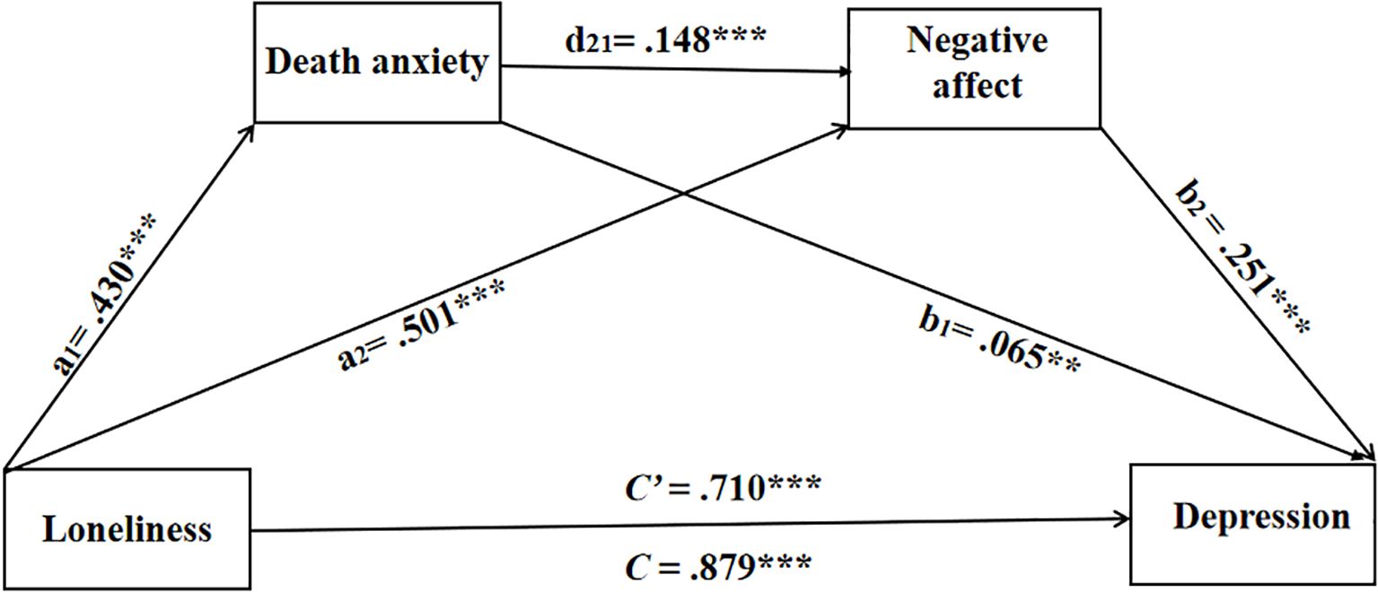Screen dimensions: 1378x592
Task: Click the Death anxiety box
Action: click(378, 62)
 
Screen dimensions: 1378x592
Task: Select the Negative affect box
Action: click(975, 68)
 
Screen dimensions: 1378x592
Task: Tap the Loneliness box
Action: click(127, 529)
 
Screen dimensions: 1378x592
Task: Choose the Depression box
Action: click(1253, 523)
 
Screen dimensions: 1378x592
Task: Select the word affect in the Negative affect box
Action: click(975, 86)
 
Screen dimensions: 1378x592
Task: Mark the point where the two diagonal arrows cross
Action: click(684, 192)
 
